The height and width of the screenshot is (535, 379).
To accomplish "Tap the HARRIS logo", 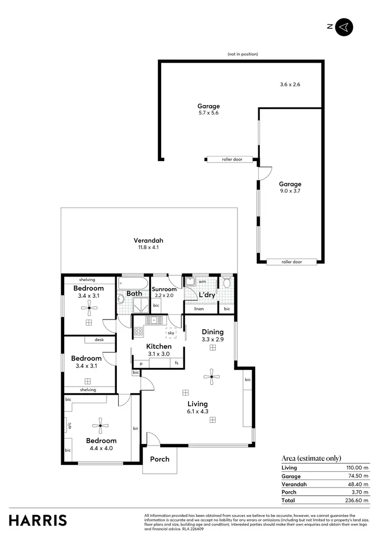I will click(x=38, y=520).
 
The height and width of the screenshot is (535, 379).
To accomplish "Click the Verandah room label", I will click(x=148, y=240).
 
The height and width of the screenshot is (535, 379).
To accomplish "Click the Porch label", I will click(x=160, y=459).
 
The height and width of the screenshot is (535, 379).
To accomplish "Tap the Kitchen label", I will click(x=159, y=346).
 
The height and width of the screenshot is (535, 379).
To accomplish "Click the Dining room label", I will click(x=212, y=332).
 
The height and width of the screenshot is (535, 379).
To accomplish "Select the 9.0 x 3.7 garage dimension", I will click(x=290, y=191).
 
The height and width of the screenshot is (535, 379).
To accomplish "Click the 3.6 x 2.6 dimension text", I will click(x=290, y=84).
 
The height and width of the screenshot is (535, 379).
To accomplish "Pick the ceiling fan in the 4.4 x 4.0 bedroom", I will click(x=100, y=425).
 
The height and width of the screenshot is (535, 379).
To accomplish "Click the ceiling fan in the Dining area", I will click(x=211, y=375).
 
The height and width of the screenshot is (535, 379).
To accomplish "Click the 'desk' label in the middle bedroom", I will click(x=99, y=340).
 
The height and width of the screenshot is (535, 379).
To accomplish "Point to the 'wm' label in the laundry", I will click(x=202, y=281).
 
